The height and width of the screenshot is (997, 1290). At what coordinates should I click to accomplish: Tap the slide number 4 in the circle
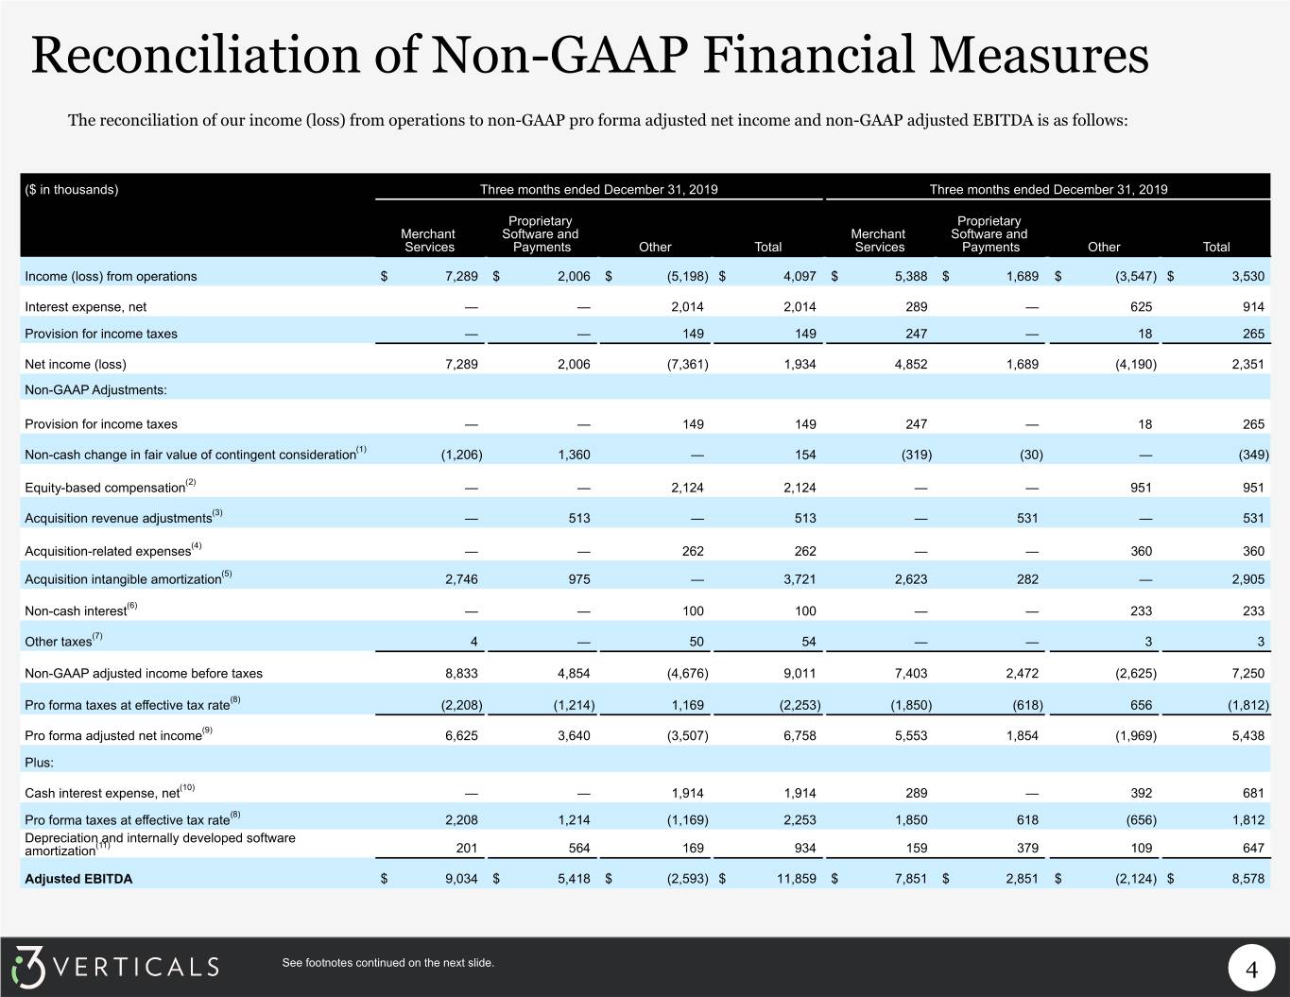point(1251,970)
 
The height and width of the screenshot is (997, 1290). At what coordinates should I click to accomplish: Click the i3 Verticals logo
point(115,967)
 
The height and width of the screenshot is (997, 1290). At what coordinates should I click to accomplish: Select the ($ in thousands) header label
point(71,189)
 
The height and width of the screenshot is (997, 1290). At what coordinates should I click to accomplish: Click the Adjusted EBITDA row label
point(78,879)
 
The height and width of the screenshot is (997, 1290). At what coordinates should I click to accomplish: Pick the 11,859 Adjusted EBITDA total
point(796,879)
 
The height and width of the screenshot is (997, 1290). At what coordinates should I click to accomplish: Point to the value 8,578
point(1247,879)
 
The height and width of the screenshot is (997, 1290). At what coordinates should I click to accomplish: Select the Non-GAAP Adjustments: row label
point(95,390)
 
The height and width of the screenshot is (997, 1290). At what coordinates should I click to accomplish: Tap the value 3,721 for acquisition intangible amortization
point(800,579)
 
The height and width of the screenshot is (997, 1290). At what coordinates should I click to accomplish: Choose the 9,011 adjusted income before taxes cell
point(800,674)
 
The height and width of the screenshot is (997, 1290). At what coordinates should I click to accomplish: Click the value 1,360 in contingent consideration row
point(574,456)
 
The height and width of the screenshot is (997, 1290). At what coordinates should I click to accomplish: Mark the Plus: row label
point(39,763)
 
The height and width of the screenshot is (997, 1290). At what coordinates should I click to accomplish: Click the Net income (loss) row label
point(76,365)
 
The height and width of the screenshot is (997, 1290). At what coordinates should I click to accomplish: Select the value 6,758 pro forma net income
point(800,736)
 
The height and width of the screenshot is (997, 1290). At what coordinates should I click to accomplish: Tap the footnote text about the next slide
point(387,963)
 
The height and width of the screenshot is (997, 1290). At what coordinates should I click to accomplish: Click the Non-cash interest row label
point(80,610)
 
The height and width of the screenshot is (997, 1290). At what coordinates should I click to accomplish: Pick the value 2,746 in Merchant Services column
point(461,579)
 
